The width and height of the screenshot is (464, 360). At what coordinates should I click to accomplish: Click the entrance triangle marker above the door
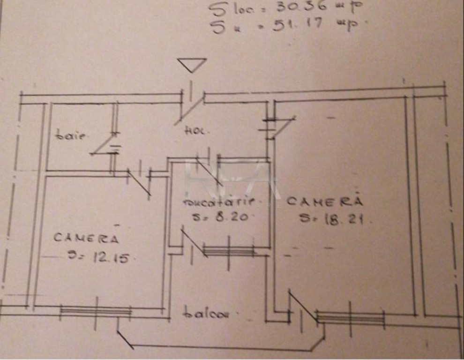(x=192, y=65)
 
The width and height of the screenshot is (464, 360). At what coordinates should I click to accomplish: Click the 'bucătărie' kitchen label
(x=218, y=202)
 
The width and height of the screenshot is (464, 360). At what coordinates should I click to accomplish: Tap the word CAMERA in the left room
(x=86, y=238)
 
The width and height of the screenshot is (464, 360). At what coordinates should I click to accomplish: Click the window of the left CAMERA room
(x=96, y=311)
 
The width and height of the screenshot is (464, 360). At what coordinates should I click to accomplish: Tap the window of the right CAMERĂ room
(x=351, y=318)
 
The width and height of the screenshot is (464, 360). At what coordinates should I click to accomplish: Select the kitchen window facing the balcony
(x=229, y=252)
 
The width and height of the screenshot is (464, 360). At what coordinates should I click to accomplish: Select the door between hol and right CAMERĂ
(x=281, y=126)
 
